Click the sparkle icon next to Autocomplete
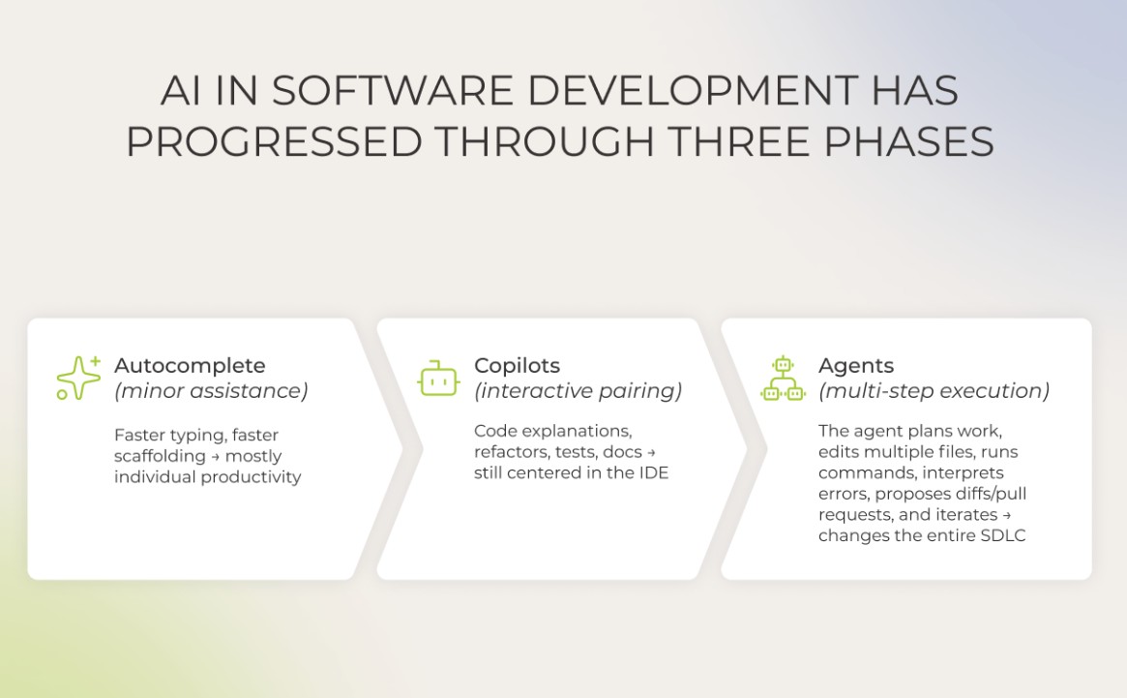pos(78,379)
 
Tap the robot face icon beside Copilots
pos(438,379)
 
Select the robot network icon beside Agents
pos(783,379)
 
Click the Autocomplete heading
pos(190,366)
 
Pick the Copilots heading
pos(517,366)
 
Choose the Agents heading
pos(855,366)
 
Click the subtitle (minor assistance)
pos(211,391)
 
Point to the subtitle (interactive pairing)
pos(578,391)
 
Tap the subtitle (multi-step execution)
pos(934,391)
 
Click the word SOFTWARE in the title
pos(392,92)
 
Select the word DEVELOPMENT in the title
pos(693,92)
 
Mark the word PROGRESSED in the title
pos(274,142)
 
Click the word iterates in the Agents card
pos(964,515)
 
